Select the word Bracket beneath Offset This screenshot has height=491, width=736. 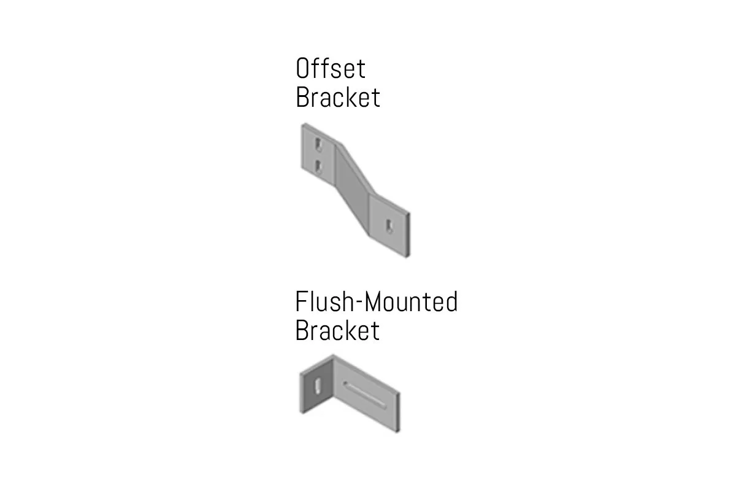coord(337,97)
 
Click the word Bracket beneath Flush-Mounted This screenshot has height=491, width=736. coord(337,330)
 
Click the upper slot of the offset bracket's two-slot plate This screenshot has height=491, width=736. coord(318,145)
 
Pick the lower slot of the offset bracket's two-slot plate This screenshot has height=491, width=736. coord(318,165)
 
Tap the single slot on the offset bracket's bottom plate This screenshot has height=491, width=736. coord(389,226)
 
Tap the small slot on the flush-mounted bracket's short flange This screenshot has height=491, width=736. coord(317,387)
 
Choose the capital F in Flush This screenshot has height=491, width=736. coord(301,302)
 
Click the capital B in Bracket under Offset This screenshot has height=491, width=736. coord(302,97)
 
